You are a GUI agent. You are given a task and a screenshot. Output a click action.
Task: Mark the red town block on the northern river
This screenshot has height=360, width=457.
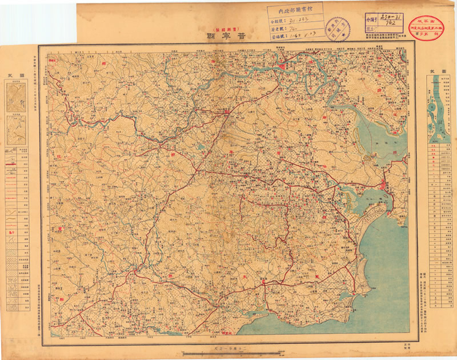click(284, 69)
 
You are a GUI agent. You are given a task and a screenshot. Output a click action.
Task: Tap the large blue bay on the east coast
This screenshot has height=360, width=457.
click(380, 137)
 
